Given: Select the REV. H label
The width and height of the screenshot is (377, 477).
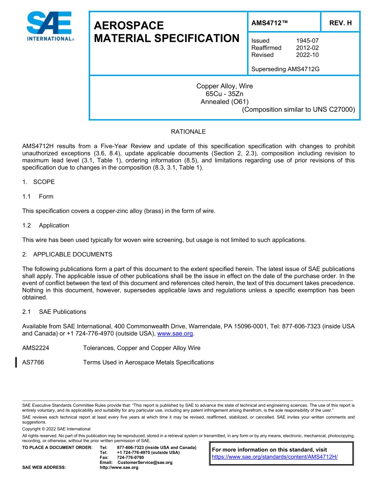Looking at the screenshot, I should tap(340, 23).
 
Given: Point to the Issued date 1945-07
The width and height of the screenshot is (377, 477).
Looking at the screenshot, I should tap(307, 41).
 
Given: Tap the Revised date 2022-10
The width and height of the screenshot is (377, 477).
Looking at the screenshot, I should tap(307, 55).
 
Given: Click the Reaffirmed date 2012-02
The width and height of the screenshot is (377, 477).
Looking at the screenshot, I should tap(307, 48).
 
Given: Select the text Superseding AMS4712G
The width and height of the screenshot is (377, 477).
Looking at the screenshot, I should tap(285, 69).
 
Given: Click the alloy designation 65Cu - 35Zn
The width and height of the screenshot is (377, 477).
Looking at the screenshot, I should tap(225, 94).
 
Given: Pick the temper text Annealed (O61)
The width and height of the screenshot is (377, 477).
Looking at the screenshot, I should tap(225, 101).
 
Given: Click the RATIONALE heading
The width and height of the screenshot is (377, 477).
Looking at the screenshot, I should tap(188, 132).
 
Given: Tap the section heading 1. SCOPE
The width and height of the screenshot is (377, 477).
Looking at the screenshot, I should tap(38, 182).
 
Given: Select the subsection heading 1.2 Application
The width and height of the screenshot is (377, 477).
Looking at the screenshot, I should tap(46, 225).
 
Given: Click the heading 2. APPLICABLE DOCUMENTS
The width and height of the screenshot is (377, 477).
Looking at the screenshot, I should tap(67, 254).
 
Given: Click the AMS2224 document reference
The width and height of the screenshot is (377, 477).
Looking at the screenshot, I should tap(36, 348).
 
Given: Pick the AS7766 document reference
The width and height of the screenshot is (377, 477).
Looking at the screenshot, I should tap(33, 363).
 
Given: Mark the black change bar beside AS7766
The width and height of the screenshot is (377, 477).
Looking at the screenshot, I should tap(16, 363).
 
